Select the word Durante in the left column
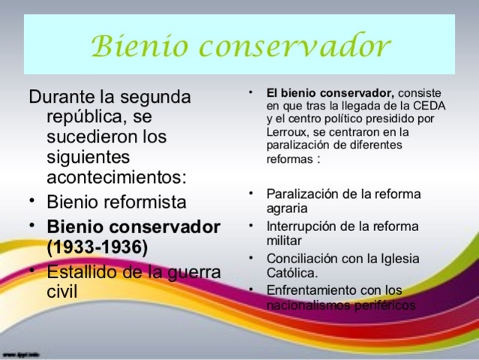[x=64, y=98]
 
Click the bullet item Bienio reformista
[x=116, y=202]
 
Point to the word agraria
[x=287, y=208]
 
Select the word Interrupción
[x=302, y=226]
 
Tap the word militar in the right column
[x=284, y=241]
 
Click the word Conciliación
[x=303, y=259]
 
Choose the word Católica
[x=292, y=274]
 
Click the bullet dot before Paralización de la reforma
[x=253, y=194]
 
